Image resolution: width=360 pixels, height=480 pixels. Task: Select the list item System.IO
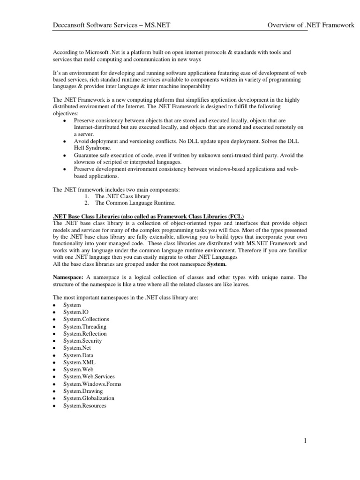[75, 312]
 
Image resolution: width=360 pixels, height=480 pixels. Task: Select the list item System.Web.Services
[89, 376]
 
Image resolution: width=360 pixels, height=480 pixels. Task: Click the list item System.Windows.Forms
[92, 384]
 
